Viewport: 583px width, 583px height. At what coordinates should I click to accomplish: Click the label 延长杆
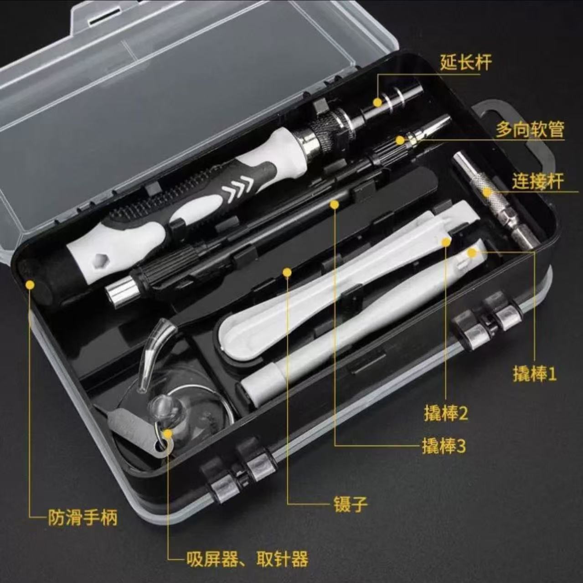(465, 62)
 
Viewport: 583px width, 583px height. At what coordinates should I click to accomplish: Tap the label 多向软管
(530, 130)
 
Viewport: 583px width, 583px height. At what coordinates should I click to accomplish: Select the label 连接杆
(537, 181)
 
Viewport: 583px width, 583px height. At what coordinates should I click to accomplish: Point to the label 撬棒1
(534, 374)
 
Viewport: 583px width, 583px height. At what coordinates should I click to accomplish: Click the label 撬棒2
(445, 413)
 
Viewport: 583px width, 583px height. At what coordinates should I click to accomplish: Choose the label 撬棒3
(444, 446)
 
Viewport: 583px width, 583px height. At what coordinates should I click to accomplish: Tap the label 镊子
(350, 504)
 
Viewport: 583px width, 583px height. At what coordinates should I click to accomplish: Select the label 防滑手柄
(83, 518)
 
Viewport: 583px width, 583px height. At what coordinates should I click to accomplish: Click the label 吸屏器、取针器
(247, 559)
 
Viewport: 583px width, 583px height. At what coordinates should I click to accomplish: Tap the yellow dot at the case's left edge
(30, 285)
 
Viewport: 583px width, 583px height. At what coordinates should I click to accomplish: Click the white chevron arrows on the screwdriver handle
(238, 187)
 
